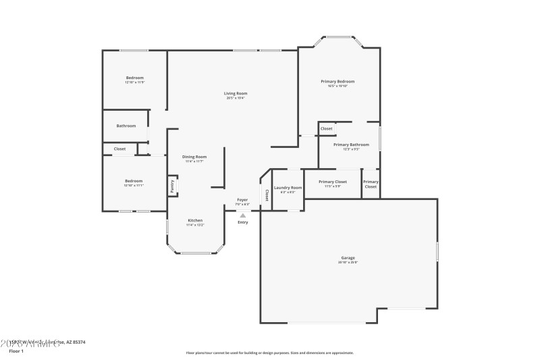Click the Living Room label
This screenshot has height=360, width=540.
click(236, 93)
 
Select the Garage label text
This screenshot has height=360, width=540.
click(348, 258)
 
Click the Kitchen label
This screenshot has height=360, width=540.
click(195, 220)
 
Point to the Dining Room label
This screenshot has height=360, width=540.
click(194, 157)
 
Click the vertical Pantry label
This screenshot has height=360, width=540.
click(172, 186)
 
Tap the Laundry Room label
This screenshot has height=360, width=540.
click(288, 187)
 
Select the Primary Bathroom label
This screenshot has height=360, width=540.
click(351, 145)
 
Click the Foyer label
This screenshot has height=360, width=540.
click(242, 200)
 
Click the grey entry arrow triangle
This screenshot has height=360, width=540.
click(243, 215)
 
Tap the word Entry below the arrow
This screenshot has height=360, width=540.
click(243, 222)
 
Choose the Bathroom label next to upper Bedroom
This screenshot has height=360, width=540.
click(126, 126)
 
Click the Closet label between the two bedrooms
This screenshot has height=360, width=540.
click(119, 149)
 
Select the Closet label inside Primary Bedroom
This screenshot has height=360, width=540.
click(326, 128)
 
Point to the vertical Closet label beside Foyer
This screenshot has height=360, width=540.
click(267, 195)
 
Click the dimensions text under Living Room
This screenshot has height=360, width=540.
click(236, 98)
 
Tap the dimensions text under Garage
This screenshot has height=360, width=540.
click(348, 263)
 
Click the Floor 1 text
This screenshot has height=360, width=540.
click(16, 351)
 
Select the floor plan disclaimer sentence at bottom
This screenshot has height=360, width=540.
click(269, 353)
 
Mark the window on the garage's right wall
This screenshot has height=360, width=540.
click(437, 251)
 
